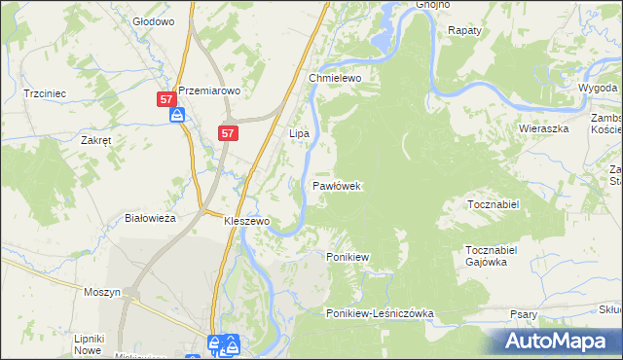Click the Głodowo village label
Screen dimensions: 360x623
pos(153,20)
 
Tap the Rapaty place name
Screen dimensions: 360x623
pos(464,31)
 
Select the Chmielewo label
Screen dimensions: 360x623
pos(336,78)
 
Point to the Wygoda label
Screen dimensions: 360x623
pos(598,87)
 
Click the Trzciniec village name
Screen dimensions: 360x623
pos(44,93)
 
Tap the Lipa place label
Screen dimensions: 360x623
pos(299,132)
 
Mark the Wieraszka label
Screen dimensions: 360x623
pos(543,127)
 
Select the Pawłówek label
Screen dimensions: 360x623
pos(338,185)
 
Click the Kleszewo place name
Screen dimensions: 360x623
pos(246,221)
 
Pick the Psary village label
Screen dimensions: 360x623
pos(525,314)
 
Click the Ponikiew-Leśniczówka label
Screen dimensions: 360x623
pos(380,314)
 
